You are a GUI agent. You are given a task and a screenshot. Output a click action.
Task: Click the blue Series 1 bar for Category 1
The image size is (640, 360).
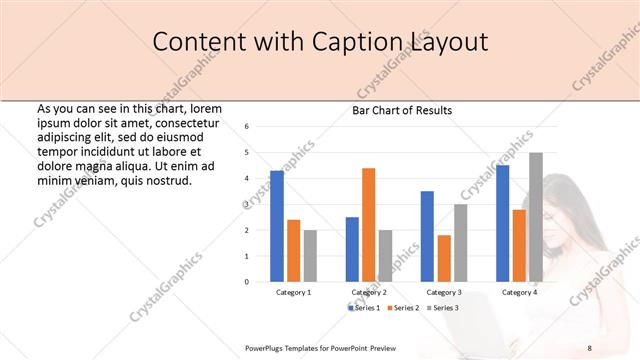[x=277, y=226]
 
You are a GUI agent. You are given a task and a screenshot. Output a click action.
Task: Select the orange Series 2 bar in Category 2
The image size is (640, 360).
[x=368, y=225]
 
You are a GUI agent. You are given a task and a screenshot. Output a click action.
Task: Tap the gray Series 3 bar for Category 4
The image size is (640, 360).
[x=535, y=217]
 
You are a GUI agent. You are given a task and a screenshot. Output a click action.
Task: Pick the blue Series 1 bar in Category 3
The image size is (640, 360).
[x=427, y=236]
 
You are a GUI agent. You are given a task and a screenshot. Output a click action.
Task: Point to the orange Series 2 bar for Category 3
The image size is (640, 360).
[x=443, y=258]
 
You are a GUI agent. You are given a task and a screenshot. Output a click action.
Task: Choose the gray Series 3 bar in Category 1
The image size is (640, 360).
[x=309, y=256]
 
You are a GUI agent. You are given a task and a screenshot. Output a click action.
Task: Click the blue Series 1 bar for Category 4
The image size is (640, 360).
[x=502, y=223]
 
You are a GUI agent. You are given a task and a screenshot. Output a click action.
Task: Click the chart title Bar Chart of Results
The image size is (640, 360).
[x=401, y=110]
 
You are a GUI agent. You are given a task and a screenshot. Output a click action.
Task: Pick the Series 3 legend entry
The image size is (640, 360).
[x=443, y=308]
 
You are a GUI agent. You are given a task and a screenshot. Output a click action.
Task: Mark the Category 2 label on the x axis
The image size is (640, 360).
[x=369, y=292]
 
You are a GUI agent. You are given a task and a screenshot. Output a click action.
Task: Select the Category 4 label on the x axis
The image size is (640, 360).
[x=518, y=292]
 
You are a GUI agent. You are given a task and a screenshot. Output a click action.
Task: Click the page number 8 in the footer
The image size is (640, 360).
[x=589, y=347]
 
